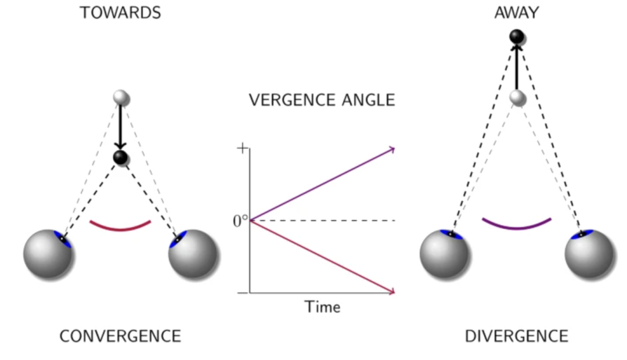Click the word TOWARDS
(120, 13)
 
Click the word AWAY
(517, 13)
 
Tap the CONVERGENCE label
(120, 336)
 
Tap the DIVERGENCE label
(517, 336)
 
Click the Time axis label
(323, 307)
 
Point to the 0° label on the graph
(240, 221)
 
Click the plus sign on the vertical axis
(242, 149)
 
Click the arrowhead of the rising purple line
(392, 150)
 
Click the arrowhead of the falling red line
(392, 291)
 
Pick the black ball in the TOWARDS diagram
(120, 157)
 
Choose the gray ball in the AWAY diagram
(517, 98)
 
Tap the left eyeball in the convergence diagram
(48, 254)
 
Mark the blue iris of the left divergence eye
(451, 234)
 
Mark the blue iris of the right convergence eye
(177, 239)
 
